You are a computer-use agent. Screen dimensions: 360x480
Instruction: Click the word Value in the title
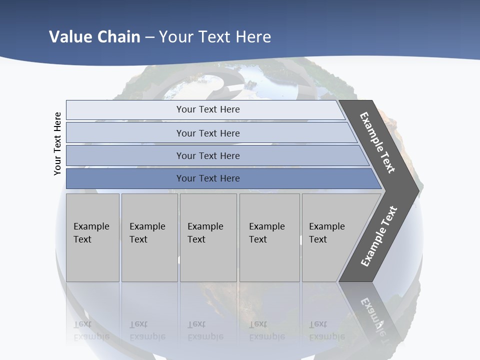click(x=70, y=37)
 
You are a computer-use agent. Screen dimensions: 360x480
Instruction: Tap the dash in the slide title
click(x=149, y=37)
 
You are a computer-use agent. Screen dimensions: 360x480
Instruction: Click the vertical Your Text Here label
click(x=57, y=143)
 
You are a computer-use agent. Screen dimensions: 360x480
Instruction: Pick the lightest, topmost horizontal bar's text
click(x=208, y=109)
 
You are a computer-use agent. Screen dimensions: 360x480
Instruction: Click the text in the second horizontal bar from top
click(x=208, y=133)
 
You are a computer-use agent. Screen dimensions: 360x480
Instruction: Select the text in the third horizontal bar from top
click(x=208, y=156)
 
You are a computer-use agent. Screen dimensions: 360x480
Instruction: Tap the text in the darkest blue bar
click(x=208, y=178)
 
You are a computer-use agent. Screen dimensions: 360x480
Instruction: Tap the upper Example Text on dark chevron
click(x=377, y=142)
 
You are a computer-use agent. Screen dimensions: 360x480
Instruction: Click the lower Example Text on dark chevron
click(x=379, y=236)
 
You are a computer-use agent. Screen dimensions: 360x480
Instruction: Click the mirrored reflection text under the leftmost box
click(x=91, y=330)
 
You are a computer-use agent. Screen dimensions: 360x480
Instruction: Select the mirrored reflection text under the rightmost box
click(x=327, y=330)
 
